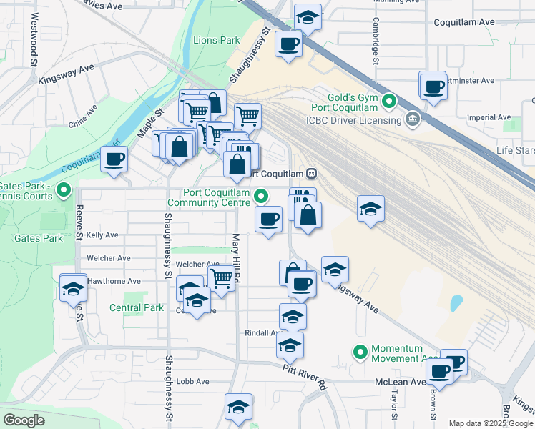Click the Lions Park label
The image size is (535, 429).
coord(216,40)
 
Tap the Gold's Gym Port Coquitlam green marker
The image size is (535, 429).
coord(389,101)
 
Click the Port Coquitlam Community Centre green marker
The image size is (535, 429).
coord(262,194)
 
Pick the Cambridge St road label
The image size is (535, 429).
coord(375,41)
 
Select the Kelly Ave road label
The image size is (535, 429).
coord(102,235)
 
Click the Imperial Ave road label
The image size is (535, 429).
coord(489,117)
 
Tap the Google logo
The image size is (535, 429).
coord(24,420)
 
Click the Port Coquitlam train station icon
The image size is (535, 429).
coord(312,174)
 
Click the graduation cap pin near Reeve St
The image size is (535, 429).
coord(72,289)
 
